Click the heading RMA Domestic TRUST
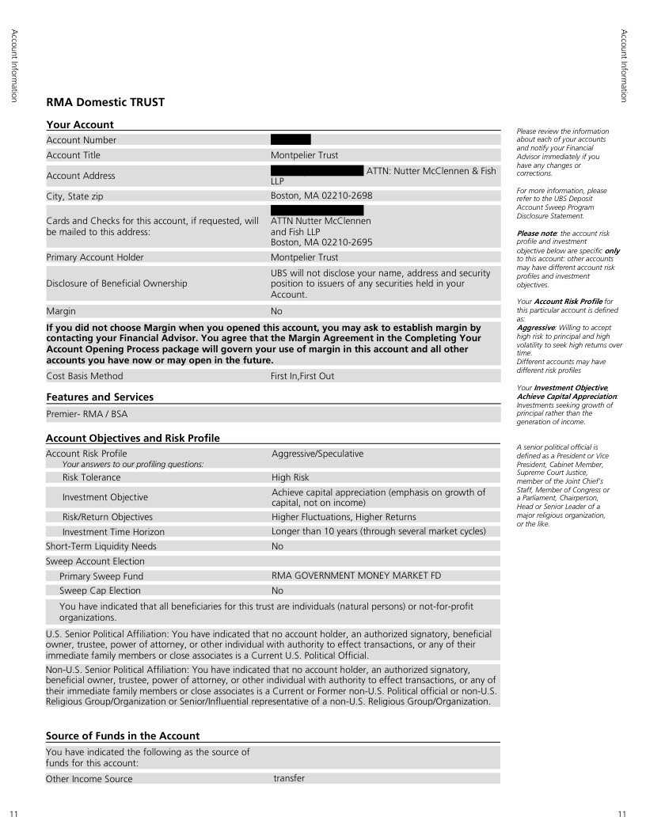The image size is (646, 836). click(105, 103)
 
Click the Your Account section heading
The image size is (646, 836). click(80, 124)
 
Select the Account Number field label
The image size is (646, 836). click(82, 140)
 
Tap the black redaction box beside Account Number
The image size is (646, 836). click(291, 140)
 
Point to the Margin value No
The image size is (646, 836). click(276, 312)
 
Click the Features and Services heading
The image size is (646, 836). click(100, 397)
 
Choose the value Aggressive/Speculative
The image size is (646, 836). click(317, 454)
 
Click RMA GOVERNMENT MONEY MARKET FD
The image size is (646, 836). click(356, 576)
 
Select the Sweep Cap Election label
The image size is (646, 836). click(100, 591)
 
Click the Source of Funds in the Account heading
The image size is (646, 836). click(123, 736)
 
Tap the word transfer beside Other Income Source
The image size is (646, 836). click(289, 778)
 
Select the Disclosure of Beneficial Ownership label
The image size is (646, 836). click(117, 283)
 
